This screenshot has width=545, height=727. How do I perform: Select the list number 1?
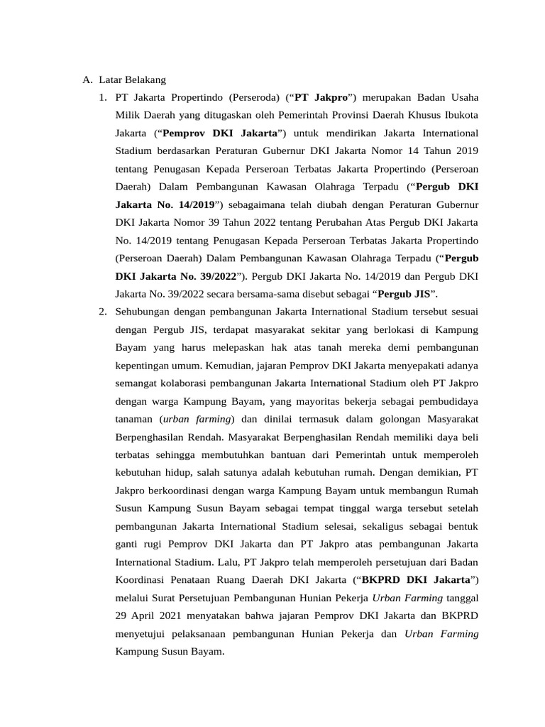(x=104, y=97)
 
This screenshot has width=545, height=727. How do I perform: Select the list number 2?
(x=104, y=310)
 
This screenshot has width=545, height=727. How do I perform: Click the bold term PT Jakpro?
(x=316, y=97)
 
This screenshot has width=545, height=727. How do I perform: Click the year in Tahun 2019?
(x=466, y=151)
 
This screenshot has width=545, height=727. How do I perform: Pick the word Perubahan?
(x=302, y=222)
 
